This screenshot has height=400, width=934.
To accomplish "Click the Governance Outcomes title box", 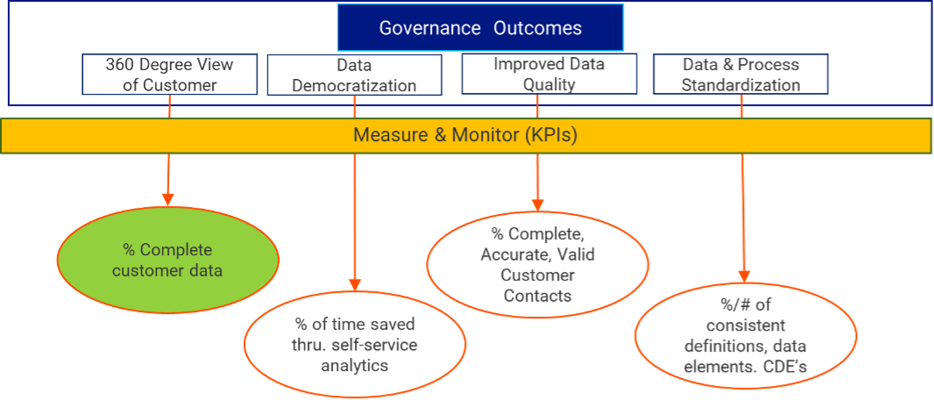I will click(480, 28).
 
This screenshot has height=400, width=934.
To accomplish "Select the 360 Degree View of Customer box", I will click(169, 75).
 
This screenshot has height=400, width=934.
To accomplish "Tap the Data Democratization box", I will click(354, 75).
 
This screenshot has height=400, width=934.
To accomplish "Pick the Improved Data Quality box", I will click(548, 75).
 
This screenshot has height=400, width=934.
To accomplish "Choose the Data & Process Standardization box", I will click(740, 75).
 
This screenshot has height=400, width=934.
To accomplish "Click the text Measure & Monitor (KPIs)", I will click(465, 136).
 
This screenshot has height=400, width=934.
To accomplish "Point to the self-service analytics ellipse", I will click(355, 344).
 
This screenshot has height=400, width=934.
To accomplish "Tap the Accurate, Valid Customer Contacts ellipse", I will click(537, 264).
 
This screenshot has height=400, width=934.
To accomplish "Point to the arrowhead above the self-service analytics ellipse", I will click(355, 283).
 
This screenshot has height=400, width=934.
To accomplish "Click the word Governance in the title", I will click(429, 28).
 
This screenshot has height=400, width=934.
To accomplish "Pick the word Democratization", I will click(354, 86).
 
